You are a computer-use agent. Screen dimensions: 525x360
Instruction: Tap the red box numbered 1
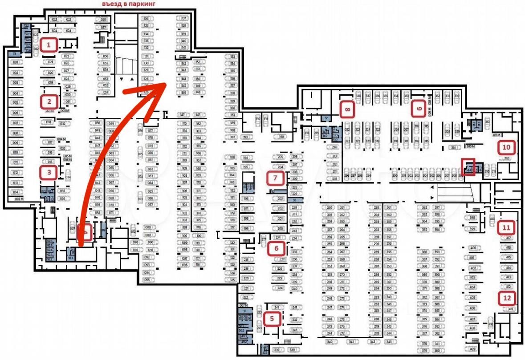[x=49, y=44]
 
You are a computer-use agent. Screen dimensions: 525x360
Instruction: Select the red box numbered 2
[x=49, y=101]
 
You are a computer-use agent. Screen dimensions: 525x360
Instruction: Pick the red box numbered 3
[x=49, y=172]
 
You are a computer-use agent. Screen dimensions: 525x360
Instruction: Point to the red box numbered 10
[x=506, y=146]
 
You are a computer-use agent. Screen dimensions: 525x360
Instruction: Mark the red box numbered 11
[x=506, y=227]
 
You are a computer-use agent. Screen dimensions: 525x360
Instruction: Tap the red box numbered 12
[x=506, y=298]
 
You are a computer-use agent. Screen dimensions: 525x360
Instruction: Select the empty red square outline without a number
[x=469, y=167]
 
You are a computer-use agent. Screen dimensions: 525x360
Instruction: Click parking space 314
[x=454, y=147]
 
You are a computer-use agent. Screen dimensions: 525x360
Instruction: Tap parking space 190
[x=281, y=137]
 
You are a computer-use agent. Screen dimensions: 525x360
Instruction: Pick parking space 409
[x=473, y=349]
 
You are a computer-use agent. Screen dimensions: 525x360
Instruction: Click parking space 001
[x=15, y=62]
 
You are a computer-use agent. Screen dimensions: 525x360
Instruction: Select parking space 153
[x=232, y=57]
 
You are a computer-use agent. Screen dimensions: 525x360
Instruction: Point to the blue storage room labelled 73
[x=14, y=54]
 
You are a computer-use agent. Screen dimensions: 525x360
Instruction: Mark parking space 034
[x=68, y=177]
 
